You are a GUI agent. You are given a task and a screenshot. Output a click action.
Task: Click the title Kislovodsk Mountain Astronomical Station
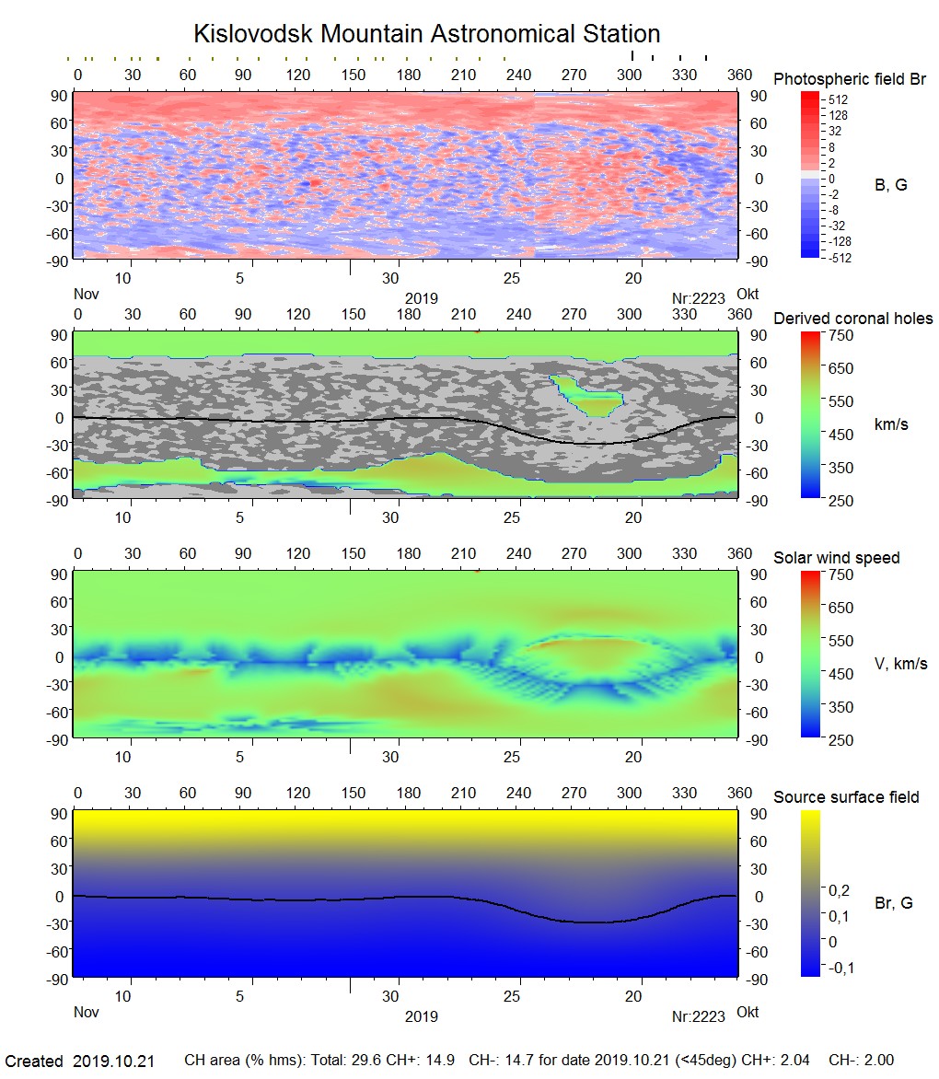pos(426,35)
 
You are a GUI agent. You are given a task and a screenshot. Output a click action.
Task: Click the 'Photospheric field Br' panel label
pos(850,79)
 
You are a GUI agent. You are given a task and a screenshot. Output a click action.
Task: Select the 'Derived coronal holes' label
pos(852,319)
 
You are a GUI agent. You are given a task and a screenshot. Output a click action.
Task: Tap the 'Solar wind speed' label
pos(836,558)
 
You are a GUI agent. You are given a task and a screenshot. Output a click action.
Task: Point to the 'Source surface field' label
pos(846,797)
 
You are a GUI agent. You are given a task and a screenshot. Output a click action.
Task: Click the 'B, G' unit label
pos(890,185)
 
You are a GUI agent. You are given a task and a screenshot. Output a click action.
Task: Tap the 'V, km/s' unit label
pos(900,664)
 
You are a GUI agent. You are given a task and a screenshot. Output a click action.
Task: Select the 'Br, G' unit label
pos(893,903)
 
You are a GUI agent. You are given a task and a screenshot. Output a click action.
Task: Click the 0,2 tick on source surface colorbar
pos(839,890)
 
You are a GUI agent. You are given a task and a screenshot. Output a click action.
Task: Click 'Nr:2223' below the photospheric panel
pos(694,299)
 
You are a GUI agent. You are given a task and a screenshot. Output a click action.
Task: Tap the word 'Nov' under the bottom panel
pos(86,1012)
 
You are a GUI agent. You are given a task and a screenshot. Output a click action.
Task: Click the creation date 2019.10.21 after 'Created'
pos(113,1062)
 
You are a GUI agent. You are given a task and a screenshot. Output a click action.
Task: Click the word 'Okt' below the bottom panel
pos(748,1012)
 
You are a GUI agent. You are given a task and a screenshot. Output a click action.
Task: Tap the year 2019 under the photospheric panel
pos(421,299)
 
